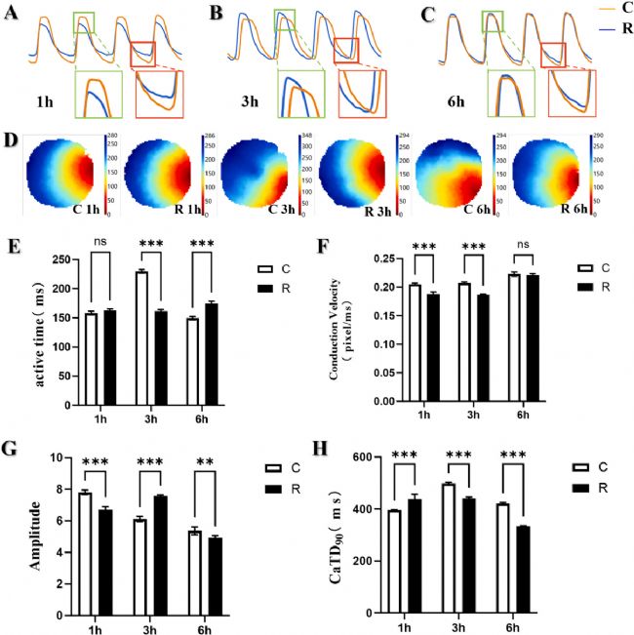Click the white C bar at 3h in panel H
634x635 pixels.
(475, 548)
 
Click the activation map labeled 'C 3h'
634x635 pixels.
(256, 177)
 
